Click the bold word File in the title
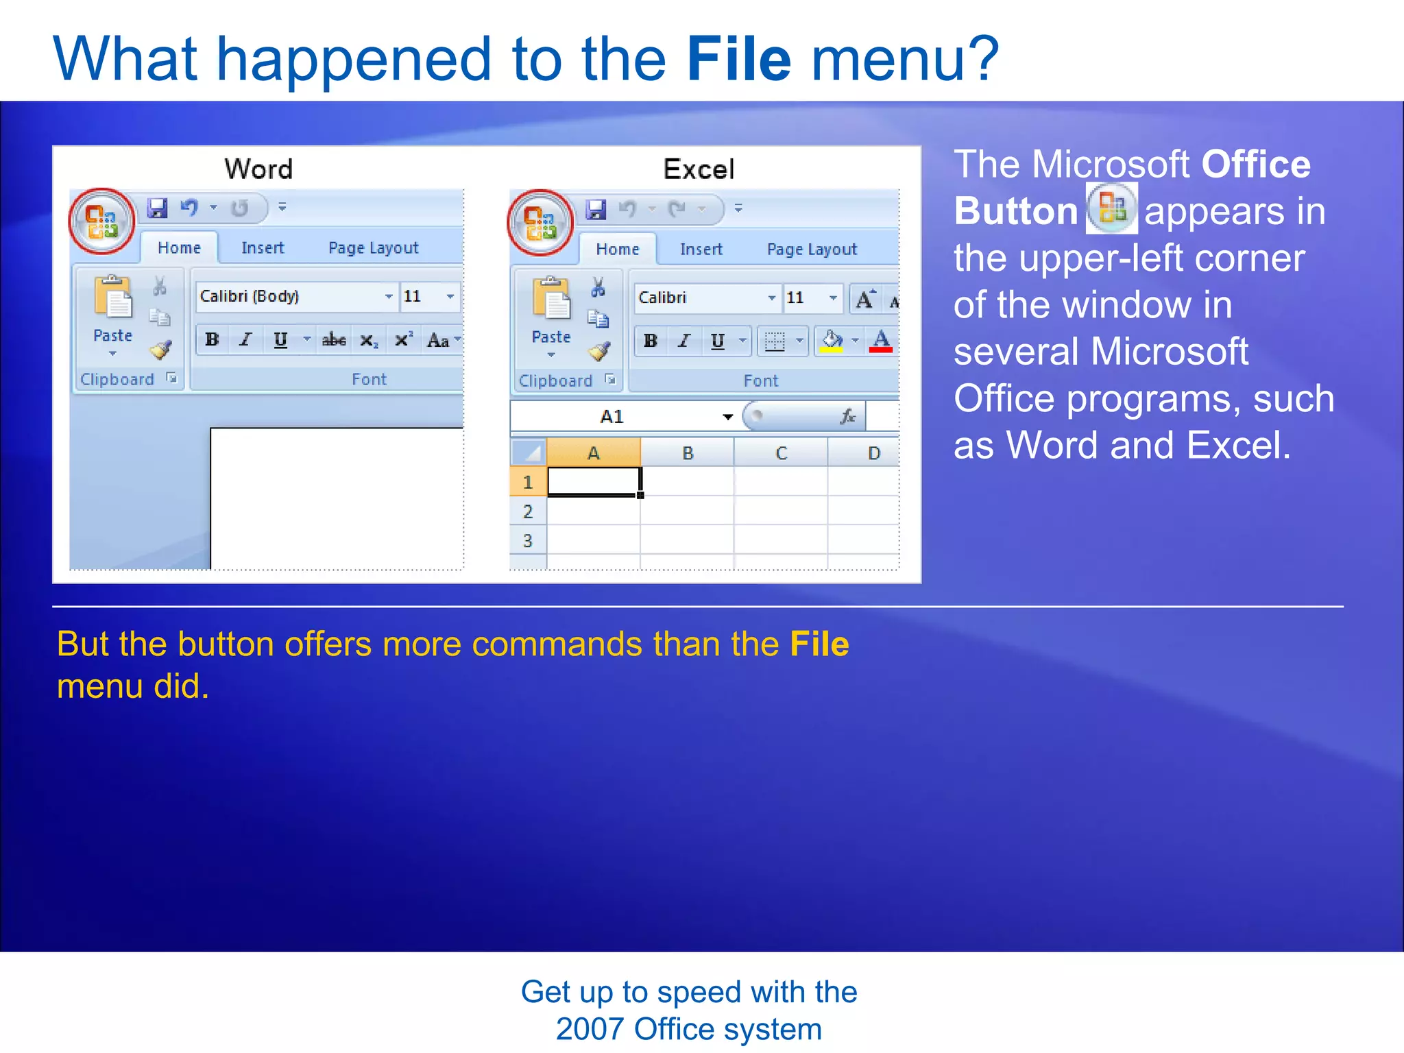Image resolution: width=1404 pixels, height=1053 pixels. (738, 60)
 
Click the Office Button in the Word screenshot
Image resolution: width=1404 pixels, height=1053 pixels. (102, 221)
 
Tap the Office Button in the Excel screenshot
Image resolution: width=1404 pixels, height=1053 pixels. (540, 223)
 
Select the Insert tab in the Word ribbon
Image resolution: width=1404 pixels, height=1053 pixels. (263, 247)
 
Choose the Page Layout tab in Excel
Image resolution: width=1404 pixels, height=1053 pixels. (812, 249)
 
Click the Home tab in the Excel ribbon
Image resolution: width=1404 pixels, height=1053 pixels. (617, 249)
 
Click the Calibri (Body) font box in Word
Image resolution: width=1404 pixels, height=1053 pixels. (291, 296)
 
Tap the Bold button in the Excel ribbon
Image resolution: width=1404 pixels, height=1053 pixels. (651, 340)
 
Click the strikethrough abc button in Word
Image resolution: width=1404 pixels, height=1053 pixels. (334, 339)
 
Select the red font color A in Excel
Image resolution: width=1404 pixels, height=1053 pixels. (881, 340)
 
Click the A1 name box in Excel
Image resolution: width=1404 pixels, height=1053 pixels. (612, 416)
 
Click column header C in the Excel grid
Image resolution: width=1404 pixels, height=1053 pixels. (781, 453)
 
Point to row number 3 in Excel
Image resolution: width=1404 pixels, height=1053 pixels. (527, 540)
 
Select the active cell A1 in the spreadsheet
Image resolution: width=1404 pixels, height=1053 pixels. (594, 482)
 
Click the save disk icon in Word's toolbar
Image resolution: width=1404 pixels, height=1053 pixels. (158, 208)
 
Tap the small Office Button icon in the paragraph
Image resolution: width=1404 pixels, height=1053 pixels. (1111, 208)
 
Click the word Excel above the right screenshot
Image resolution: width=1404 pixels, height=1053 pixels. (699, 169)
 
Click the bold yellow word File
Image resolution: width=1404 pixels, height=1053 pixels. (819, 644)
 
